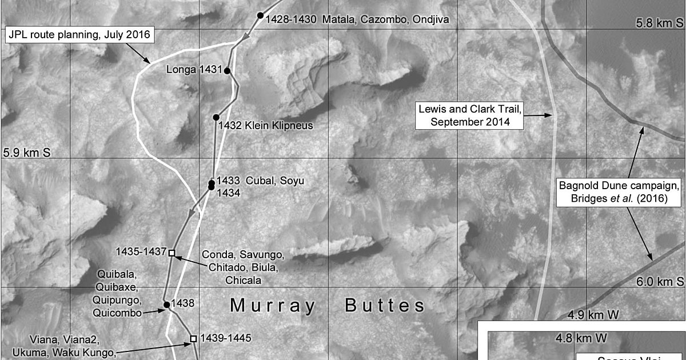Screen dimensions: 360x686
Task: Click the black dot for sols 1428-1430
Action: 260,15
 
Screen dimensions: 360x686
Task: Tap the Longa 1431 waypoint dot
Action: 227,71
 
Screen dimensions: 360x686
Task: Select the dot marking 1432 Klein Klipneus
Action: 216,117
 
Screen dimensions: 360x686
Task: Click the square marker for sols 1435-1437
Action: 171,252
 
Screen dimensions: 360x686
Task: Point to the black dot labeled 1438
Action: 166,305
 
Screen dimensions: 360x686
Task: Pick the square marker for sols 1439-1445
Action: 193,338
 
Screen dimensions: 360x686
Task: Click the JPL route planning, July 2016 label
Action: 80,35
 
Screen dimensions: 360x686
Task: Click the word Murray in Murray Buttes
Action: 272,306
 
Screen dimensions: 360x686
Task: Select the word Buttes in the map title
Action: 385,306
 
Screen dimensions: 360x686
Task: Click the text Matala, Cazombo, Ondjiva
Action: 385,19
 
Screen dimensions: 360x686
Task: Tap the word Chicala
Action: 243,281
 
